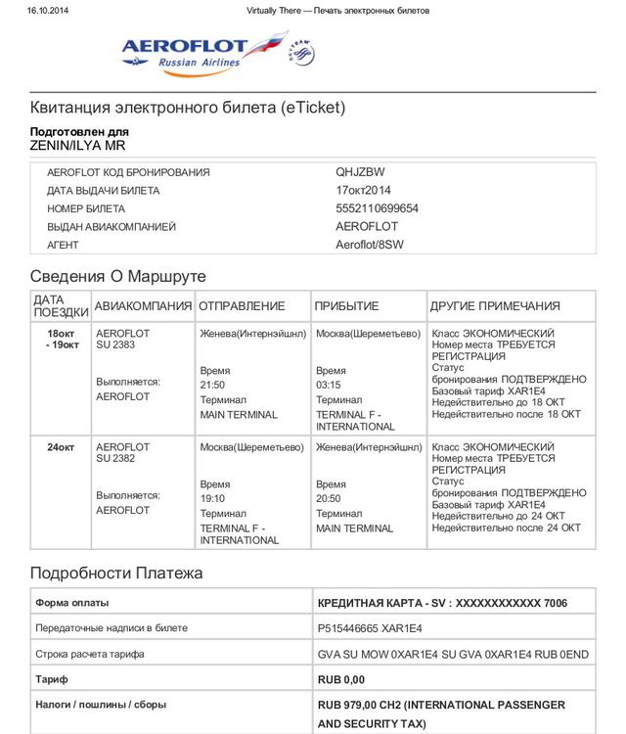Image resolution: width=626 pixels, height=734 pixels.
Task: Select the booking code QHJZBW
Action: pyautogui.click(x=360, y=172)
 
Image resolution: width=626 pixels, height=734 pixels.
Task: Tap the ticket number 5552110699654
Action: pyautogui.click(x=377, y=208)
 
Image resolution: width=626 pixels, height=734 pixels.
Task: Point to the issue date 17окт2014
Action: pyautogui.click(x=363, y=191)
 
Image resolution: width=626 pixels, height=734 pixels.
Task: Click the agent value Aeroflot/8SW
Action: pyautogui.click(x=369, y=245)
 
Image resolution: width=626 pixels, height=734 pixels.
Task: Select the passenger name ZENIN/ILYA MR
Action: pyautogui.click(x=77, y=146)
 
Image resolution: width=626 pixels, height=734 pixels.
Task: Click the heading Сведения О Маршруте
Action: pyautogui.click(x=117, y=276)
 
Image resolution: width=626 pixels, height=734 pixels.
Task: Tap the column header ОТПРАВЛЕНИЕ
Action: pyautogui.click(x=242, y=306)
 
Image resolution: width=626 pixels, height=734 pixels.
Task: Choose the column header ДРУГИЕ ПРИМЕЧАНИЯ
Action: pyautogui.click(x=495, y=306)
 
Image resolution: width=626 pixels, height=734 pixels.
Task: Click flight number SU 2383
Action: pyautogui.click(x=115, y=345)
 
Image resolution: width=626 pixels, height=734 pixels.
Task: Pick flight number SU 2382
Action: pyautogui.click(x=115, y=459)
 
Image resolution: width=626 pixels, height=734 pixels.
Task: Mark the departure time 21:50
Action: pyautogui.click(x=212, y=386)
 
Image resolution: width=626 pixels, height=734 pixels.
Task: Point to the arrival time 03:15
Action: pyautogui.click(x=329, y=386)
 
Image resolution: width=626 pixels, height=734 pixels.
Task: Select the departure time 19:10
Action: pyautogui.click(x=212, y=498)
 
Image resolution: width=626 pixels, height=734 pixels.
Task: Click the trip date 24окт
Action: pyautogui.click(x=61, y=447)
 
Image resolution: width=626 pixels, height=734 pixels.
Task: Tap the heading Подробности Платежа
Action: pyautogui.click(x=116, y=573)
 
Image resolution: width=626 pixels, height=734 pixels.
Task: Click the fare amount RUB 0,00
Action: pyautogui.click(x=341, y=679)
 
